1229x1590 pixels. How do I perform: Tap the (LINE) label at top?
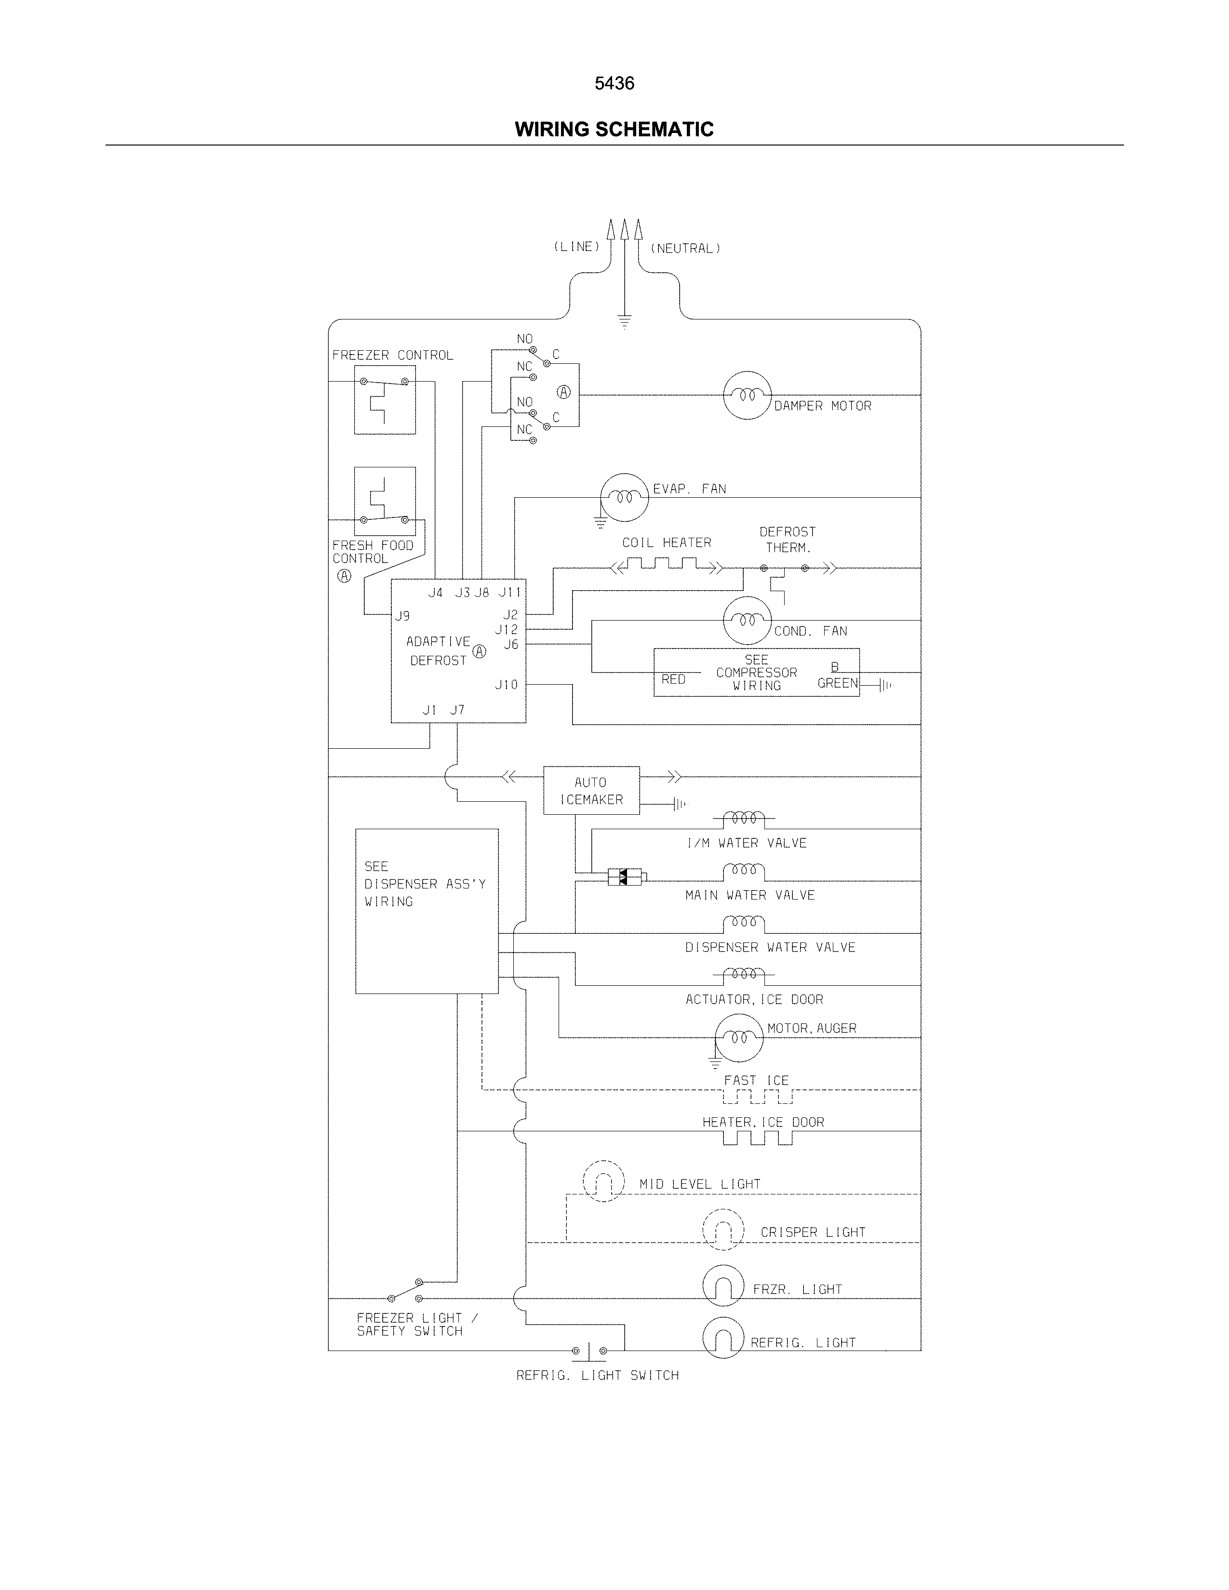pyautogui.click(x=576, y=247)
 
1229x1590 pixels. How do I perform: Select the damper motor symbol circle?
pyautogui.click(x=746, y=395)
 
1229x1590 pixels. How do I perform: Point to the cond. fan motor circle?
pyautogui.click(x=746, y=620)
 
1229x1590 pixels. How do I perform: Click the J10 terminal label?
pyautogui.click(x=506, y=684)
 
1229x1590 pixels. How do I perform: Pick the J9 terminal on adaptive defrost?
pyautogui.click(x=402, y=616)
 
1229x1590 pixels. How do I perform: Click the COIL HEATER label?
pyautogui.click(x=666, y=543)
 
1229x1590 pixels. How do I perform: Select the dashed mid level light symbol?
pyautogui.click(x=603, y=1181)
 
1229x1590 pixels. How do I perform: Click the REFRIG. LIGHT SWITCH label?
pyautogui.click(x=597, y=1375)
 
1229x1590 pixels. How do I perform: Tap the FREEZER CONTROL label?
pyautogui.click(x=392, y=355)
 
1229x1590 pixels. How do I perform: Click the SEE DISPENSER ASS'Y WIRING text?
pyautogui.click(x=425, y=884)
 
